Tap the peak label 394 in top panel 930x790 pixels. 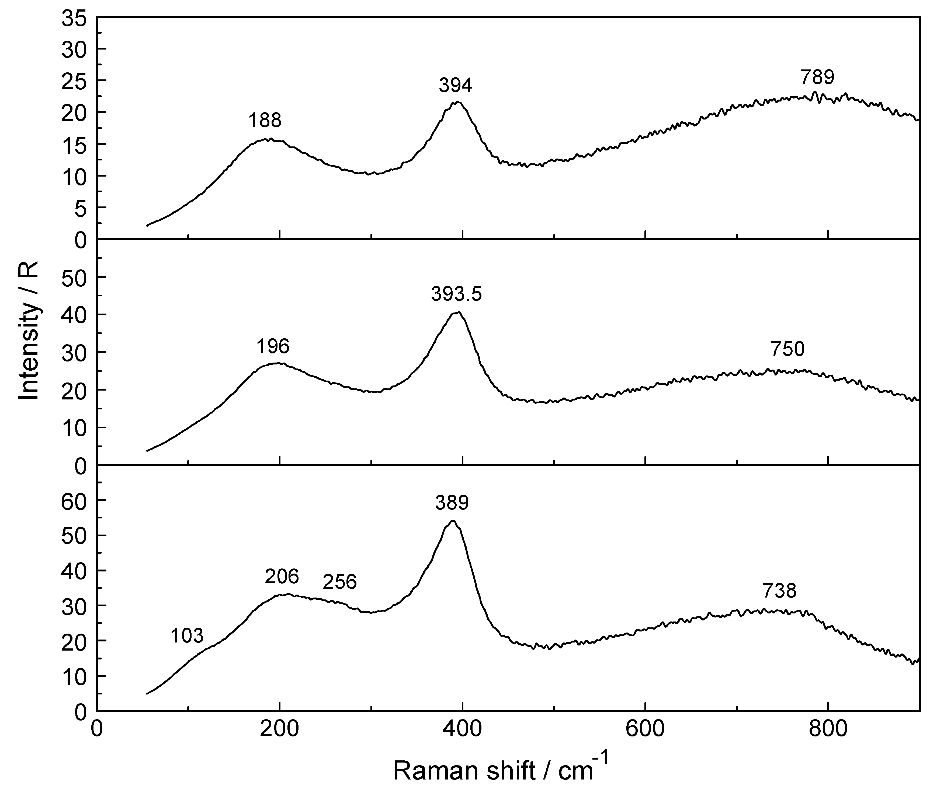tap(455, 85)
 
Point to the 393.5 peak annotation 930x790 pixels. tap(456, 294)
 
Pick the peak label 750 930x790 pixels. tap(787, 349)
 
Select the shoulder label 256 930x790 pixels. tap(339, 582)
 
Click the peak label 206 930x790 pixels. tap(282, 576)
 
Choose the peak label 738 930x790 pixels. tap(779, 591)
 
